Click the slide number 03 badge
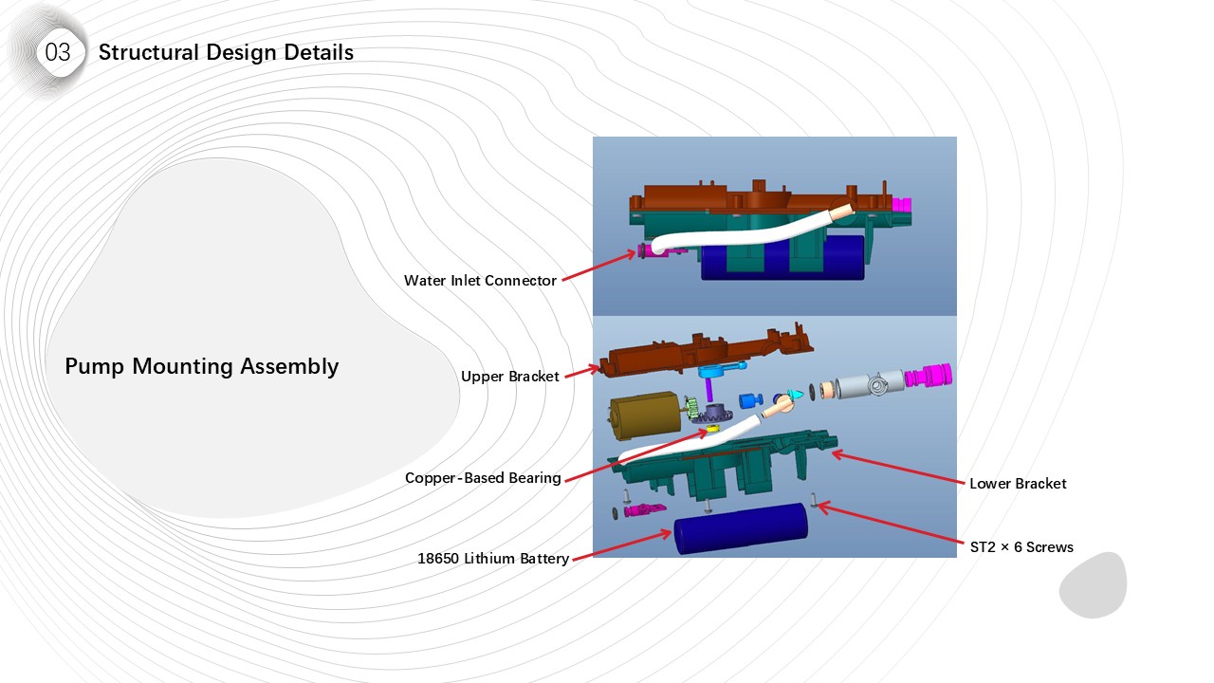click(58, 52)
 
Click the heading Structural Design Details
click(226, 52)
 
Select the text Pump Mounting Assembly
click(201, 366)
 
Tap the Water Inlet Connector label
click(480, 281)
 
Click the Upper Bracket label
click(509, 377)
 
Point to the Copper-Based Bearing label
click(483, 478)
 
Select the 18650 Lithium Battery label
click(492, 559)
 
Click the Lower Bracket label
click(1018, 484)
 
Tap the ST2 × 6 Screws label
click(1021, 547)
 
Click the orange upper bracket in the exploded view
click(702, 350)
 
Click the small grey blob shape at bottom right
click(1093, 585)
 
